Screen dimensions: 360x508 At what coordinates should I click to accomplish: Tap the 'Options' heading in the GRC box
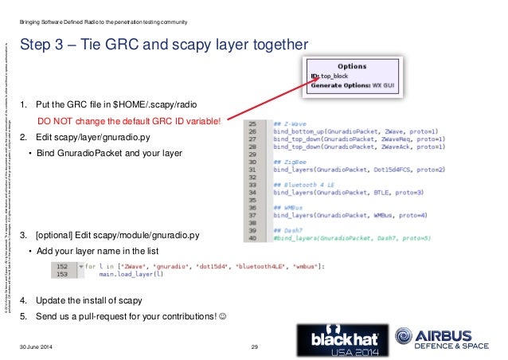[x=353, y=66]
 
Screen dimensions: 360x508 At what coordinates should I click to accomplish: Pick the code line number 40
[x=252, y=237]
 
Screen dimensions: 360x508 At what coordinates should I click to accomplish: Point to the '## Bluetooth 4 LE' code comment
[x=301, y=185]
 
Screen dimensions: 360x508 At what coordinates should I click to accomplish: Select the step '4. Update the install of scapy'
[x=81, y=300]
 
